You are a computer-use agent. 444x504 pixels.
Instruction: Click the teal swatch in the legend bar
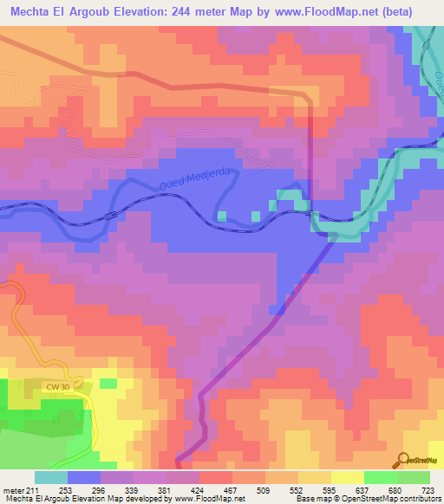(x=51, y=478)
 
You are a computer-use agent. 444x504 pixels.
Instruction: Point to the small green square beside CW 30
(x=108, y=382)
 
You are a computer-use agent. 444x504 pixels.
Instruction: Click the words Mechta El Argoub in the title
(x=56, y=11)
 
